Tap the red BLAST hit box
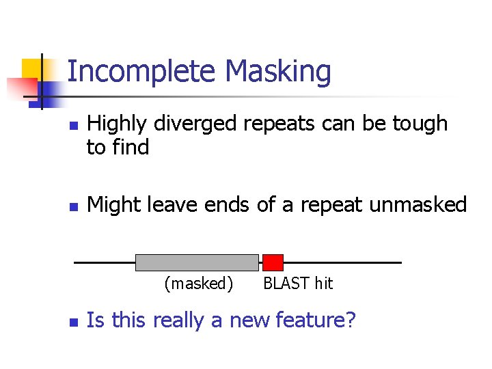pos(273,262)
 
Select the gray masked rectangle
pos(197,262)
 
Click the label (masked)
pos(199,284)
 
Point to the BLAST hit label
pos(298,284)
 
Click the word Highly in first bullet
pos(118,124)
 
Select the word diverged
pos(193,124)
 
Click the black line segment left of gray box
pos(104,262)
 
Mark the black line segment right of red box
pos(342,262)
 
